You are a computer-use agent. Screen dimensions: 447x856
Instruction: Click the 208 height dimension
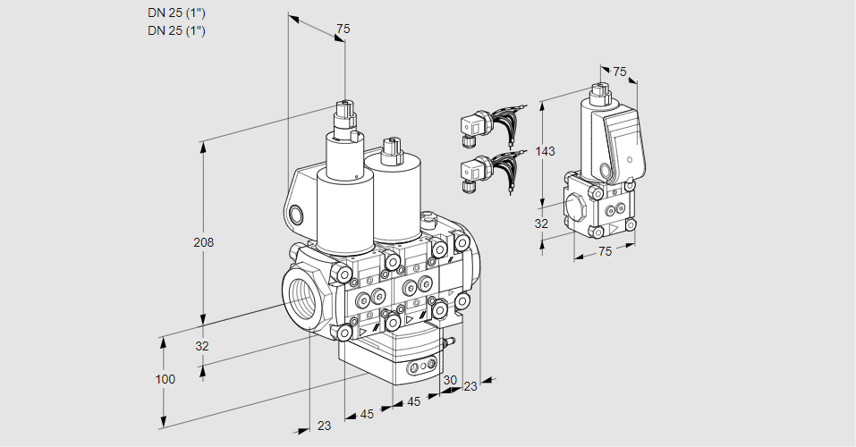(x=205, y=242)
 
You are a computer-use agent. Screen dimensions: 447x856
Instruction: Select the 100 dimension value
(x=165, y=379)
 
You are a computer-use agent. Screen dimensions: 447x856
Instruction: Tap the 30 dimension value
(x=449, y=380)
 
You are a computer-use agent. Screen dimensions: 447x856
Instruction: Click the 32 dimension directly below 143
(x=541, y=223)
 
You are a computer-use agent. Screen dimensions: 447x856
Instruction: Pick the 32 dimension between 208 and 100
(x=202, y=346)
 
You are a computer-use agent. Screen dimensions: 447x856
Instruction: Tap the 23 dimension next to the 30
(x=470, y=386)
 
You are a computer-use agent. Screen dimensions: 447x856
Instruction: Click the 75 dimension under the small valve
(x=605, y=252)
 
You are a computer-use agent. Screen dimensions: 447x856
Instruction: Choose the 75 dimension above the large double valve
(x=343, y=30)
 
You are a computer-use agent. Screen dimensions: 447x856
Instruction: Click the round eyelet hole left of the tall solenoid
(x=298, y=215)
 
